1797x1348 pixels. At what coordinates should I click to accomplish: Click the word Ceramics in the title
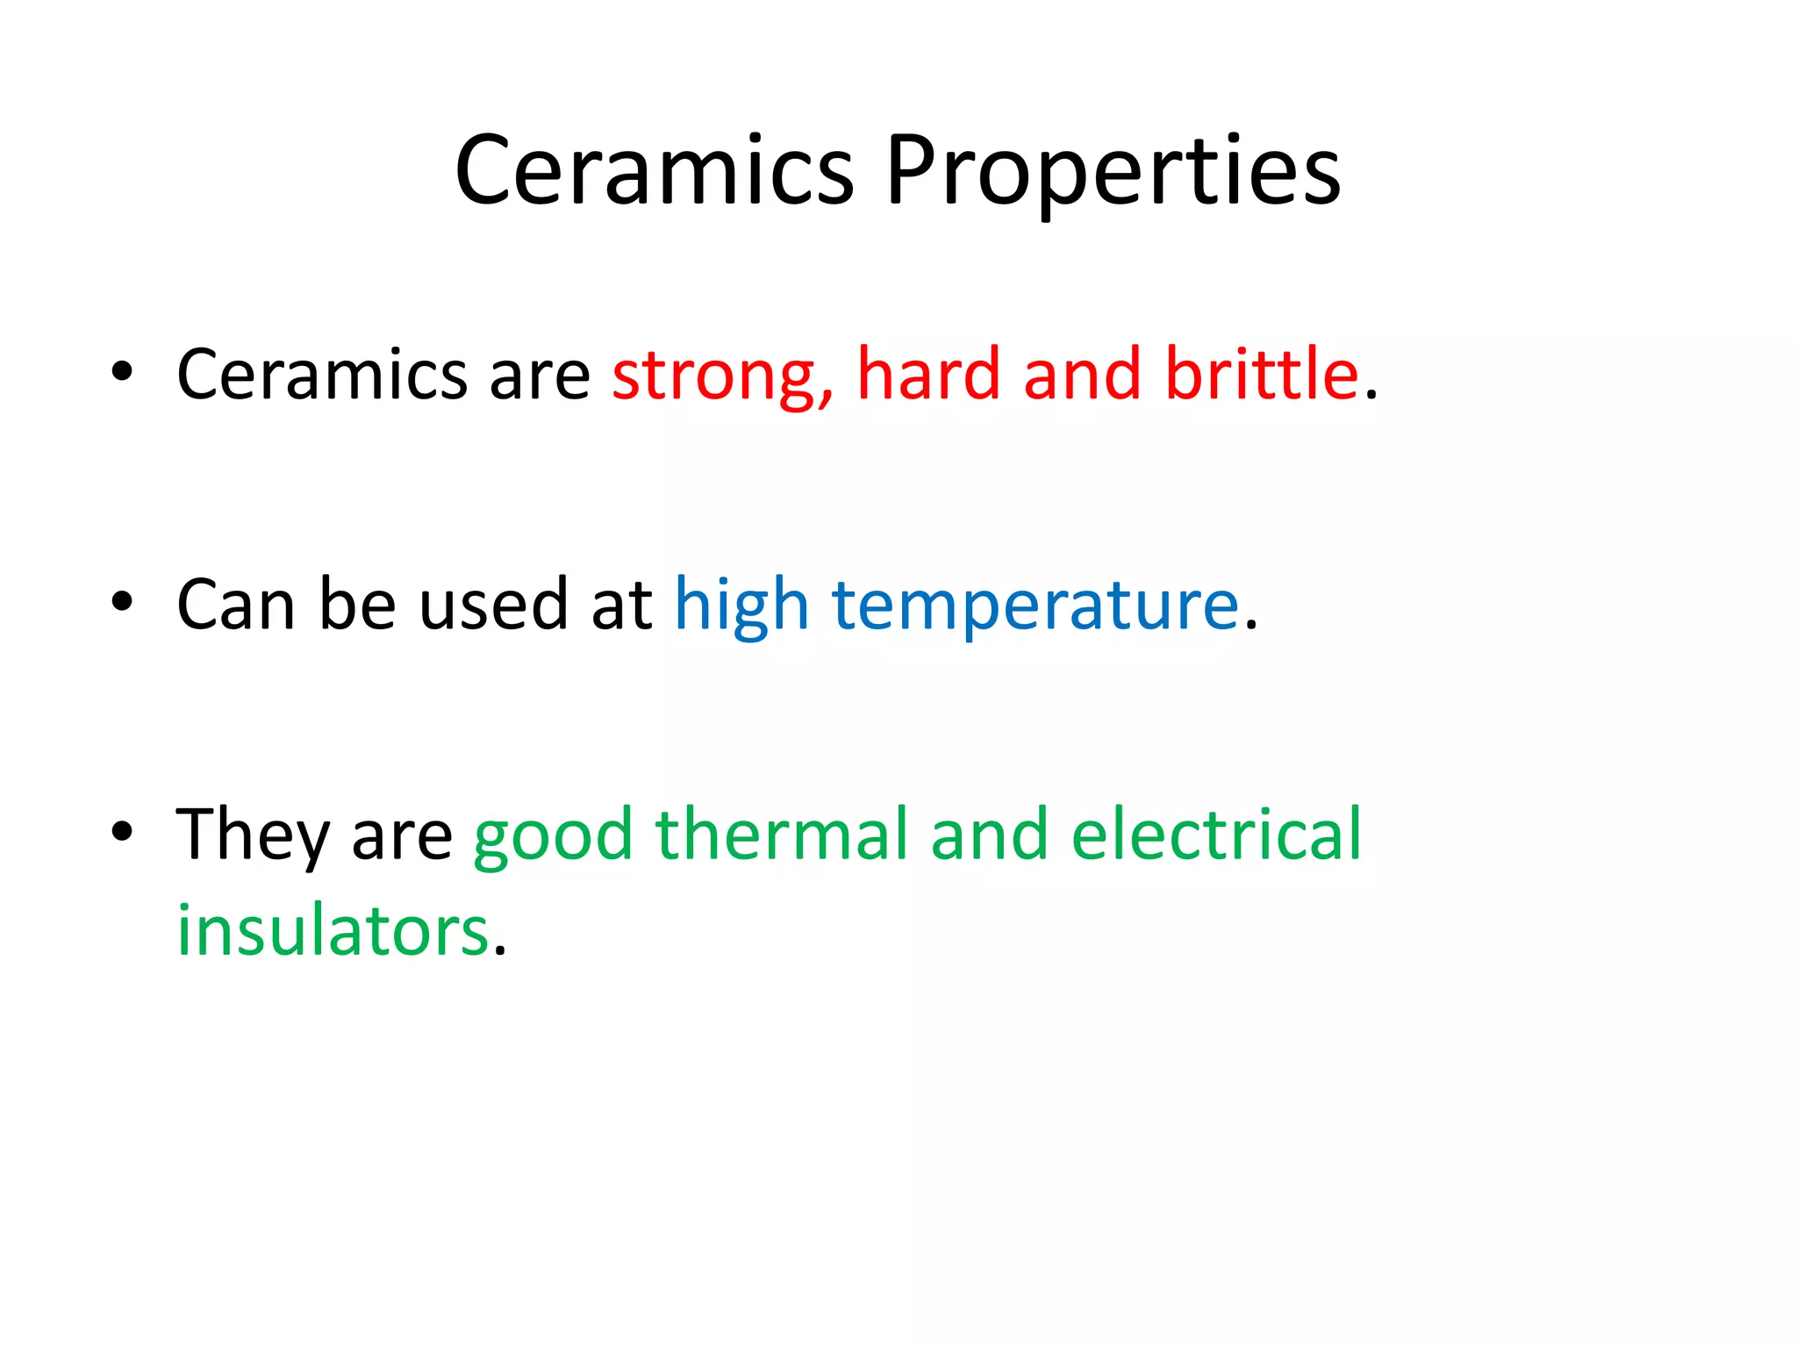(654, 170)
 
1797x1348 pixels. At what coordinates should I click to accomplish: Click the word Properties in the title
(1113, 170)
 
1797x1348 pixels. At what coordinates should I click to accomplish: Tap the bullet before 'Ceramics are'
(122, 371)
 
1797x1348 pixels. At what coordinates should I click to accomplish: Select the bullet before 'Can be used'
(122, 601)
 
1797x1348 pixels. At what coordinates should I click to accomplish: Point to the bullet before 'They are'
(122, 831)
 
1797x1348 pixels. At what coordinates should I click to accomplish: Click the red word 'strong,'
(722, 376)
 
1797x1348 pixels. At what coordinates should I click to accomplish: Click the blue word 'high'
(741, 606)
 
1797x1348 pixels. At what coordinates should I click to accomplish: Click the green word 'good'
(553, 836)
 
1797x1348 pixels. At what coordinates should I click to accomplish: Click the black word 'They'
(252, 836)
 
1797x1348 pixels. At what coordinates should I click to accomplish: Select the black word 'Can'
(235, 606)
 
